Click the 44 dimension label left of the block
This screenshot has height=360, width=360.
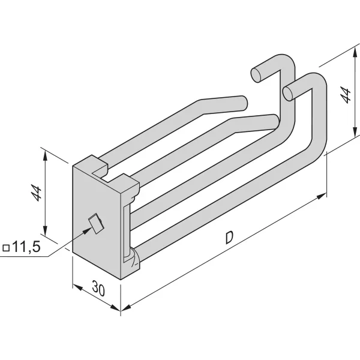pos(37,194)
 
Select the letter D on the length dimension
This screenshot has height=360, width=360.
pos(229,238)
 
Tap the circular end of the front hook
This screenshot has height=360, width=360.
pos(289,91)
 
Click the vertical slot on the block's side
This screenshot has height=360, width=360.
pos(125,231)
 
